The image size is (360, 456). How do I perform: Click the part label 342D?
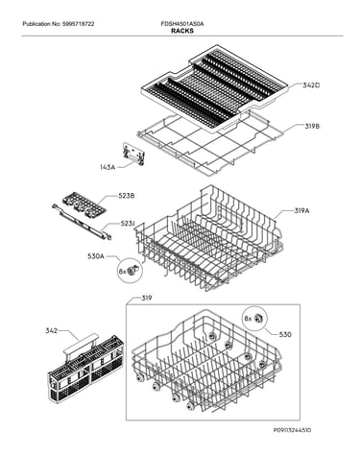click(311, 85)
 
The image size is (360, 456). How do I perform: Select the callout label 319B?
click(312, 127)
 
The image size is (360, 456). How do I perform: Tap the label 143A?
click(108, 167)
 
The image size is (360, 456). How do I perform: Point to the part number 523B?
click(126, 196)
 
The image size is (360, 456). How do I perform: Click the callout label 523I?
click(127, 224)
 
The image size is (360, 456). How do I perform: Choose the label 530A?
click(95, 256)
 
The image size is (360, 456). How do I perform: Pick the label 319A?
click(301, 211)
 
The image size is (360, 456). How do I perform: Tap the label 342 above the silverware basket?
click(51, 330)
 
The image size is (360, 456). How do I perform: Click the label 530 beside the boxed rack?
click(285, 335)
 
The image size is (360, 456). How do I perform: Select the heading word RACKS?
click(182, 31)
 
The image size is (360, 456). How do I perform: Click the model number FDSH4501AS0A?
click(182, 24)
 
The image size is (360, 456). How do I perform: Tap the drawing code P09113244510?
click(292, 430)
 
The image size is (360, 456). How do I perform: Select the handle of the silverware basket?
click(81, 344)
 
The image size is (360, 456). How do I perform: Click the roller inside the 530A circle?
click(132, 271)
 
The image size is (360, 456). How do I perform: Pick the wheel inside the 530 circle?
click(258, 318)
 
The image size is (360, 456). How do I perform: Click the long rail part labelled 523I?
click(82, 221)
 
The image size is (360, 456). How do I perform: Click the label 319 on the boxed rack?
click(147, 299)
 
